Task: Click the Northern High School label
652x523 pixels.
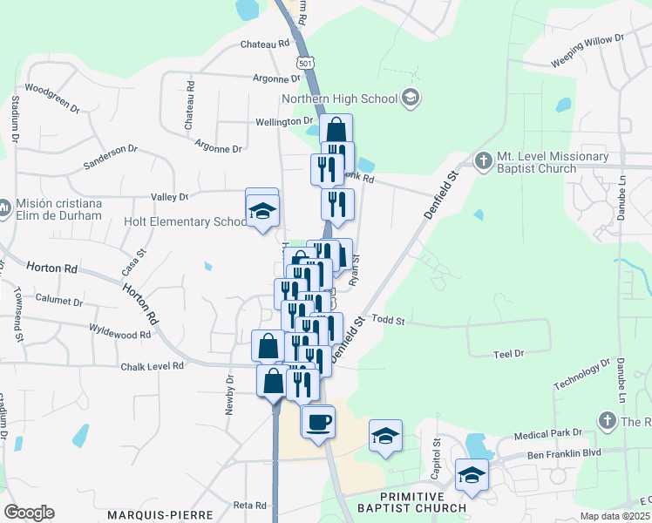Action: coord(338,98)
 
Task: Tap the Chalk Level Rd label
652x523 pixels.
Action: coord(153,366)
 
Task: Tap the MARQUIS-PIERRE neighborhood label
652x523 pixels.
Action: coord(160,514)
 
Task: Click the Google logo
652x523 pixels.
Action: coord(29,513)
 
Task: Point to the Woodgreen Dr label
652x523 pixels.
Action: coord(52,98)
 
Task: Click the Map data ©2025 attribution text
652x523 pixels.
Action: coord(615,516)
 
